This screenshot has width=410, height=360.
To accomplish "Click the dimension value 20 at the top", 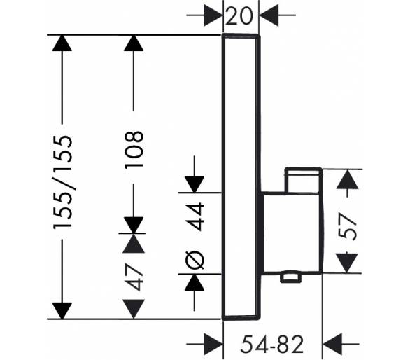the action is tap(239, 15).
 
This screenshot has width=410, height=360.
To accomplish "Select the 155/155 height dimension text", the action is tap(63, 183).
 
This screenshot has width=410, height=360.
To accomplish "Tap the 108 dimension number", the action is tap(134, 150).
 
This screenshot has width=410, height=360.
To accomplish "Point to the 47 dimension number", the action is tap(134, 277).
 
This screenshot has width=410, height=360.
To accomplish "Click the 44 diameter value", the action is tap(195, 216).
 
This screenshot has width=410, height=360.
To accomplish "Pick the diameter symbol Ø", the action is tap(195, 261).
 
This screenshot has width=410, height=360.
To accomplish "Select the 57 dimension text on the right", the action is tap(348, 226).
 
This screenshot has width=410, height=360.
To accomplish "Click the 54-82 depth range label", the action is tap(272, 344).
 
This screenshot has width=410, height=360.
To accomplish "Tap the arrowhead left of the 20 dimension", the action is tap(213, 15).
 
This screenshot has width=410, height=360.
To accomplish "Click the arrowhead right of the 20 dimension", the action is tap(269, 15).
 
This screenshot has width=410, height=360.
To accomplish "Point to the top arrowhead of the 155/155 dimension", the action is tap(62, 43).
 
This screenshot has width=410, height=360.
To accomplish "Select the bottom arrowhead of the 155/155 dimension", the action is tap(62, 311).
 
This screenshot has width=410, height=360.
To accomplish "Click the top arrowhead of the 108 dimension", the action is tap(134, 43).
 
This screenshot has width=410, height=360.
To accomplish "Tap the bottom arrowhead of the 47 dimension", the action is tap(134, 309).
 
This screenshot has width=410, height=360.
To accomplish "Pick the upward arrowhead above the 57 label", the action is tap(347, 179).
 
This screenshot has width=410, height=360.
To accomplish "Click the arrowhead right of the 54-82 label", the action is tap(332, 344).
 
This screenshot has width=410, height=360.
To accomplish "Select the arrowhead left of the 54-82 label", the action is tap(213, 344).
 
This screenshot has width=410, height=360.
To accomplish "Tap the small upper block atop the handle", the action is tap(304, 181).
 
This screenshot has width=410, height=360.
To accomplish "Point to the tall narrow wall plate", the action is tap(241, 177).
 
